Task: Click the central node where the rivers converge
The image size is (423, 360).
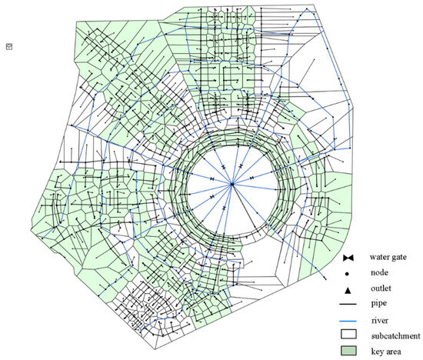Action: [231, 185]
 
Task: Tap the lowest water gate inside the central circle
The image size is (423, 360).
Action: [223, 208]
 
